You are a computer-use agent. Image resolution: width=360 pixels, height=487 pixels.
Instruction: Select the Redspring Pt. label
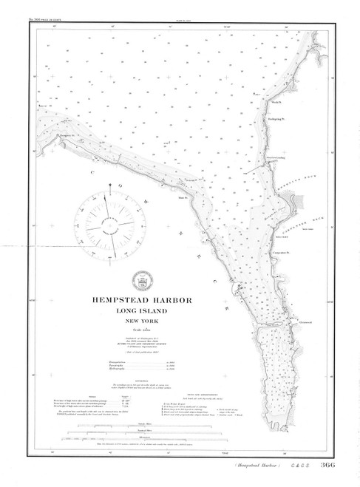tap(275, 116)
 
